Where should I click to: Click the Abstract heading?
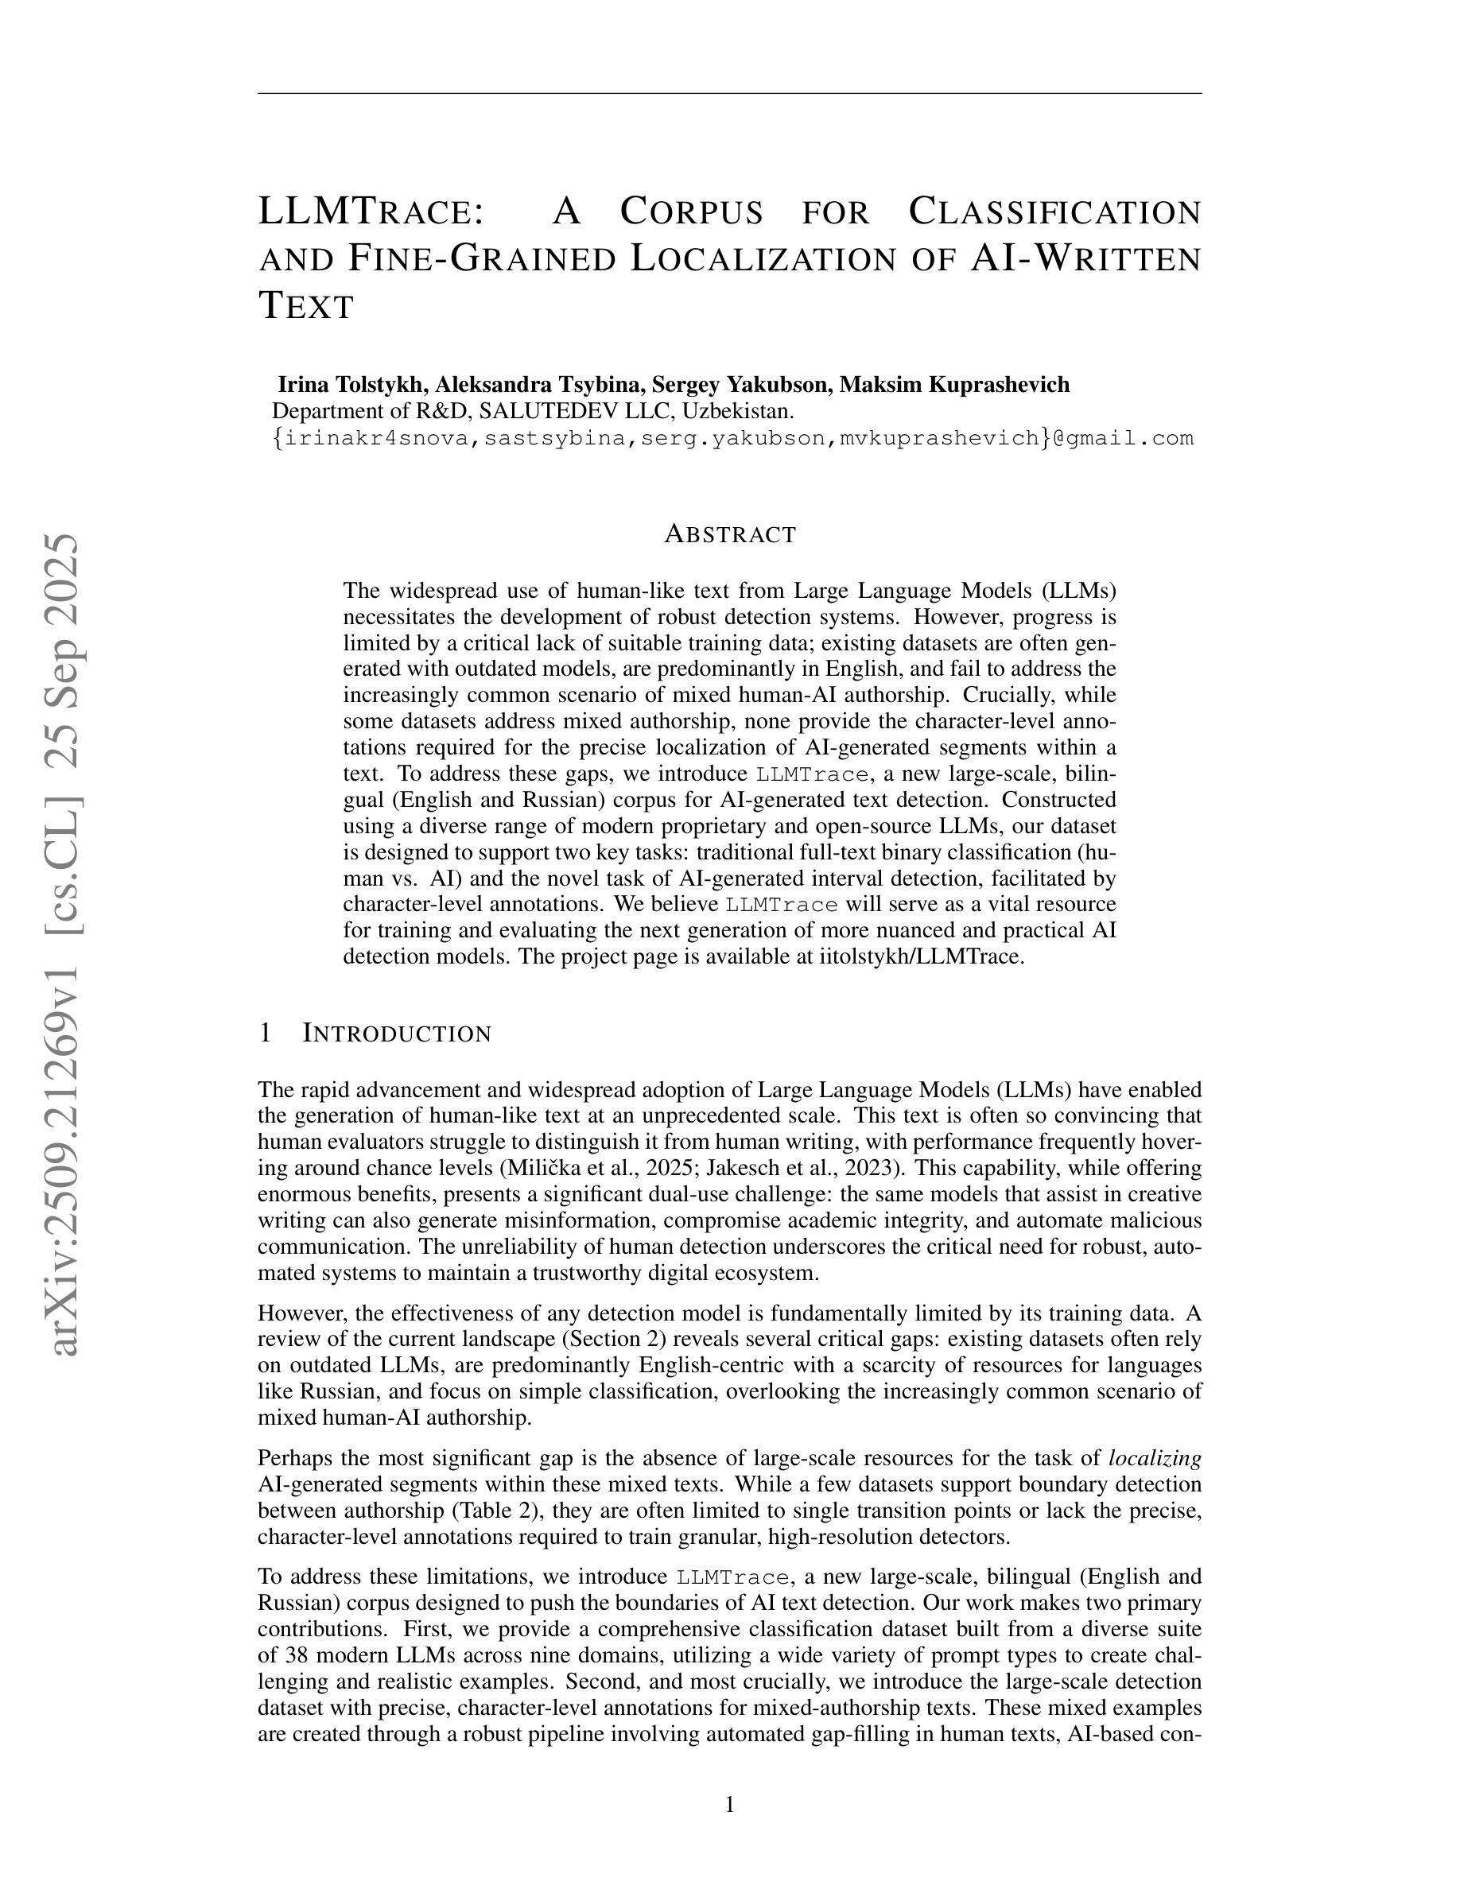[x=730, y=534]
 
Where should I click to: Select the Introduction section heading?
[x=397, y=1033]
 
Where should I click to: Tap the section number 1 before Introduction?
[x=266, y=1033]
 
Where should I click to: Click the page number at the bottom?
[x=730, y=1804]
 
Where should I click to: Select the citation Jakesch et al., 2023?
[x=806, y=1169]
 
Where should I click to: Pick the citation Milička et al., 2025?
[x=601, y=1169]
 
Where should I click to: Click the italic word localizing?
[x=1155, y=1458]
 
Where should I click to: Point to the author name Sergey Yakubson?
[x=741, y=384]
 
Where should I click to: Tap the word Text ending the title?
[x=307, y=305]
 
